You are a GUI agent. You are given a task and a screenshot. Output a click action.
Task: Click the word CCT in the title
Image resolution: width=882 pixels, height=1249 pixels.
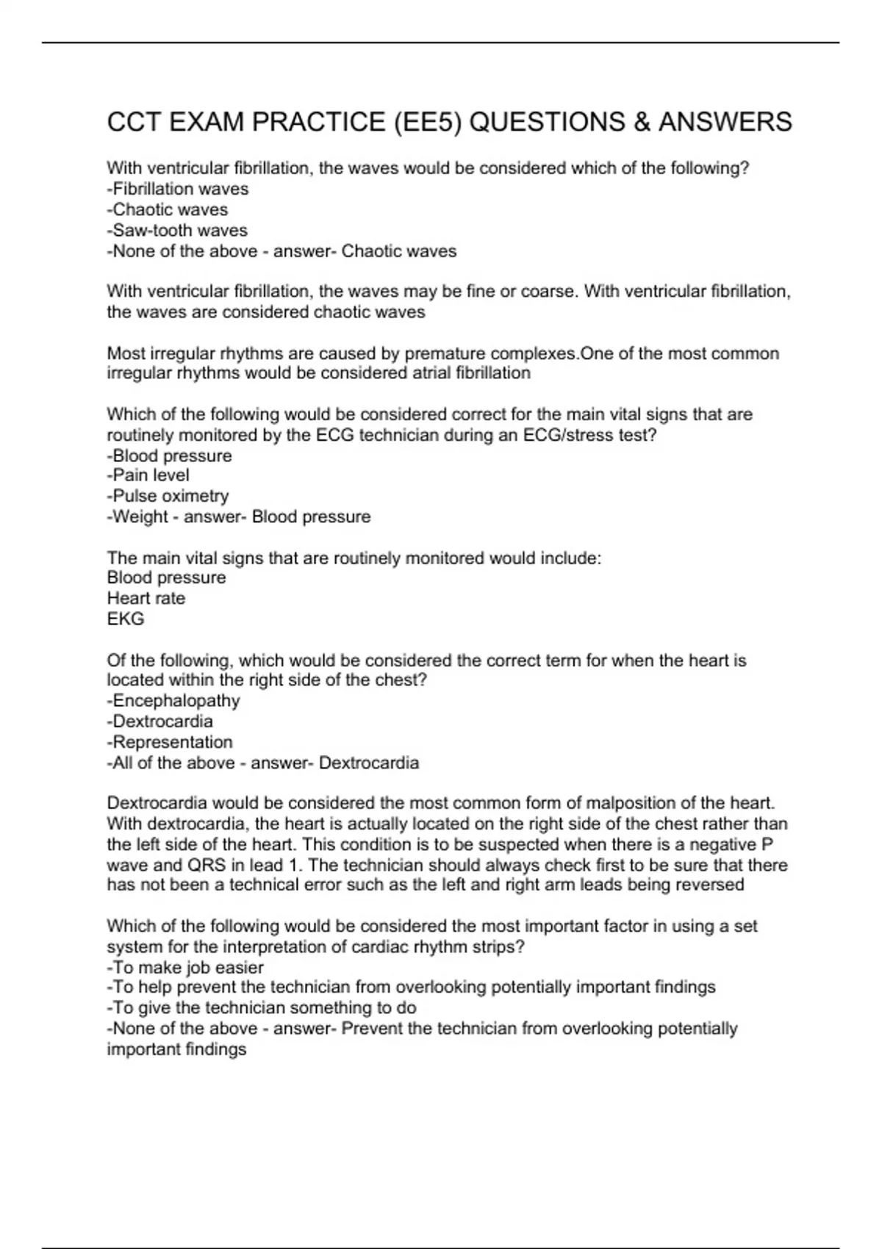134,122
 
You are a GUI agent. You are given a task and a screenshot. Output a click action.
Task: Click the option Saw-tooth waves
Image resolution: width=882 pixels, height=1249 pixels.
177,231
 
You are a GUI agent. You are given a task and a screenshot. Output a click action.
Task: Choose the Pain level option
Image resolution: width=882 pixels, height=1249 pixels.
148,475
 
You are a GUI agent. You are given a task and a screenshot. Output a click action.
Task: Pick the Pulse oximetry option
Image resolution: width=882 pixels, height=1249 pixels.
168,496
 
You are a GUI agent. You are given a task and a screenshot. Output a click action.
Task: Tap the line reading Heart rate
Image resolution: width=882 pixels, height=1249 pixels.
146,598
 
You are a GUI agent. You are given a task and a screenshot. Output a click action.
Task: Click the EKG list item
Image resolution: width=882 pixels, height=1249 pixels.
126,619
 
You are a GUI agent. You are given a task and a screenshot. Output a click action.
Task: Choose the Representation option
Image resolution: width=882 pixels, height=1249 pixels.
170,742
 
